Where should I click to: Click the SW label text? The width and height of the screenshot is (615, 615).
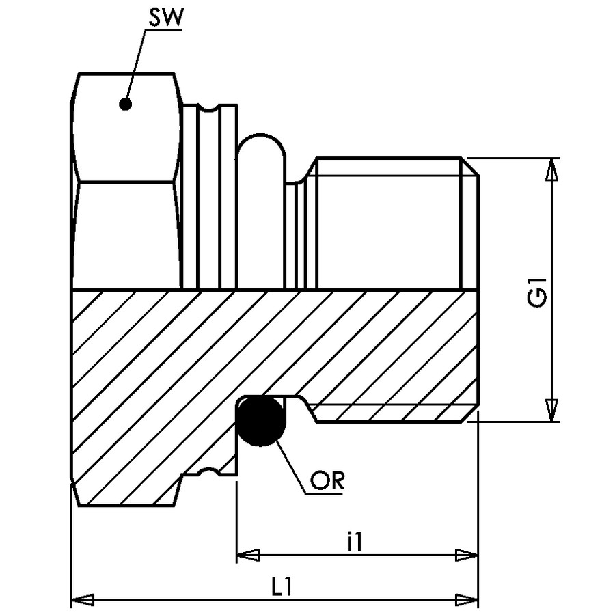tap(165, 18)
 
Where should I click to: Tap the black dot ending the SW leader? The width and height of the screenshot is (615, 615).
tap(125, 104)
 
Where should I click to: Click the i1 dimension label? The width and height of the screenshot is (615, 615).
tap(355, 541)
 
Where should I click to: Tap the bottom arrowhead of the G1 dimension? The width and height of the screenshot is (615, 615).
tap(552, 410)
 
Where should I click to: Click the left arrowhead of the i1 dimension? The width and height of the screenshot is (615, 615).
tap(248, 555)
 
